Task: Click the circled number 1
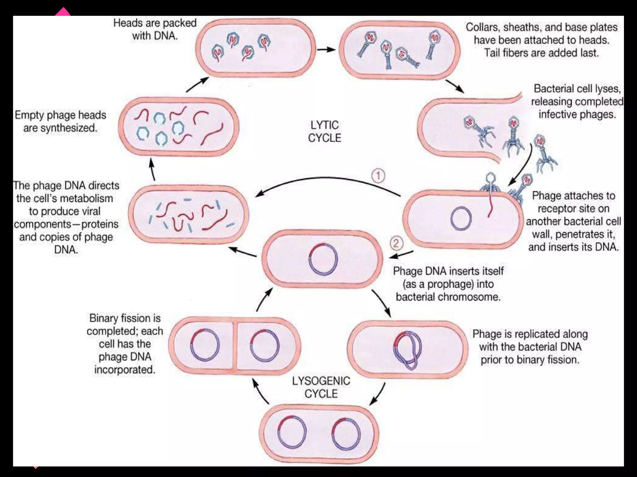click(378, 176)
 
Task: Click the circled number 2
click(396, 243)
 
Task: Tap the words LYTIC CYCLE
click(324, 131)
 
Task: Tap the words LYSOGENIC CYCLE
click(321, 387)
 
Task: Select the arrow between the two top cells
click(326, 50)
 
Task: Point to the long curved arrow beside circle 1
click(327, 179)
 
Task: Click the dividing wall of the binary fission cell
click(235, 346)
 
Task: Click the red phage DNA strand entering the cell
click(491, 205)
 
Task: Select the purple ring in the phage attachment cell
click(461, 218)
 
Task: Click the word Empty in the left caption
click(30, 115)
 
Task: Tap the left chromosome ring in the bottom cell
click(291, 432)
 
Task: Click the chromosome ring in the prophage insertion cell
click(323, 259)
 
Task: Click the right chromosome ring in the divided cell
click(264, 346)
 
